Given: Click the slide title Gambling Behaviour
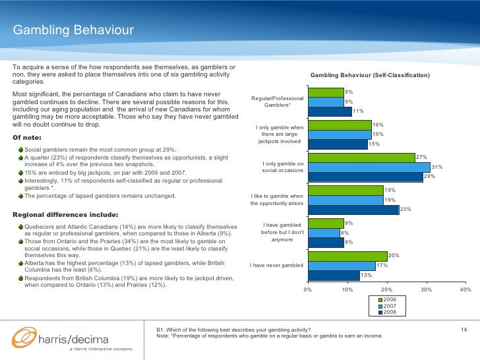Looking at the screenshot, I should pos(73,30).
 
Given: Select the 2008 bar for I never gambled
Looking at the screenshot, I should pos(334,275).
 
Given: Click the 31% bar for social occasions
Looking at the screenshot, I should pos(369,167).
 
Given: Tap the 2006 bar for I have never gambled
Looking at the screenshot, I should pos(347,256).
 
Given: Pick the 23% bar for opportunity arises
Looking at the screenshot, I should pos(353,210).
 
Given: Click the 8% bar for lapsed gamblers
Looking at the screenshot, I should pos(323,233).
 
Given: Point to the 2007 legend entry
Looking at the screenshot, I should pos(389,306).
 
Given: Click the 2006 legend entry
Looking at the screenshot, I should pos(389,300).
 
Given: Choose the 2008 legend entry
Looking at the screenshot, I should pos(389,312).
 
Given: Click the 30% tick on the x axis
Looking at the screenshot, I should pos(426,289).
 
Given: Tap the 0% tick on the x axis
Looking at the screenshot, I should pos(307,289).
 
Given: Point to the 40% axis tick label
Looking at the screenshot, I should pos(465,289).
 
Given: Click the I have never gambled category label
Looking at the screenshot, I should pos(277,265).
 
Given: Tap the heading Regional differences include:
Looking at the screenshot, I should pos(66,214).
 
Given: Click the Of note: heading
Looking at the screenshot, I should pos(27,137).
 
